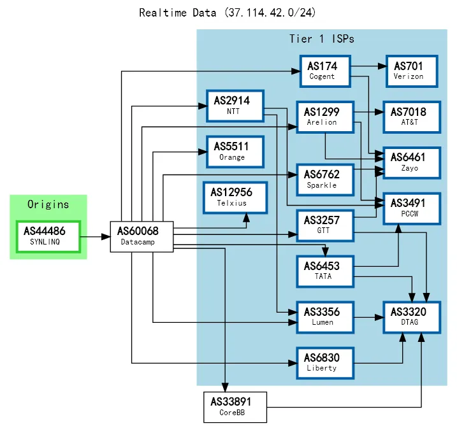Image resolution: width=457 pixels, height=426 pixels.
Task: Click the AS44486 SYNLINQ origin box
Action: click(x=48, y=236)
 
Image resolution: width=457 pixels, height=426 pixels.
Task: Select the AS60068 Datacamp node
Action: click(x=142, y=236)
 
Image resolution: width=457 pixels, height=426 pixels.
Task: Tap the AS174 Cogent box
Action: click(x=326, y=71)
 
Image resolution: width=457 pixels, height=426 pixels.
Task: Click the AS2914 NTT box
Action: click(x=235, y=105)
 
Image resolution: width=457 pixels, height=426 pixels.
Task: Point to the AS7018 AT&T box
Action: click(x=410, y=117)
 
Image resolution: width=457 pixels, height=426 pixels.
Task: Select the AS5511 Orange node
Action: click(x=235, y=152)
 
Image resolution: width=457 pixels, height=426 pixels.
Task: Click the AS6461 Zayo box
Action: click(x=410, y=162)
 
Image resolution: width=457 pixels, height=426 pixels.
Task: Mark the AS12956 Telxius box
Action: click(x=235, y=197)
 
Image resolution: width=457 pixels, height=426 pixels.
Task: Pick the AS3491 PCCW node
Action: click(x=410, y=208)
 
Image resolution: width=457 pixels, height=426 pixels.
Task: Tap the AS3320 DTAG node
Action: click(x=410, y=316)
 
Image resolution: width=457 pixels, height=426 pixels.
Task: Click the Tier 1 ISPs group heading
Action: click(x=321, y=39)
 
